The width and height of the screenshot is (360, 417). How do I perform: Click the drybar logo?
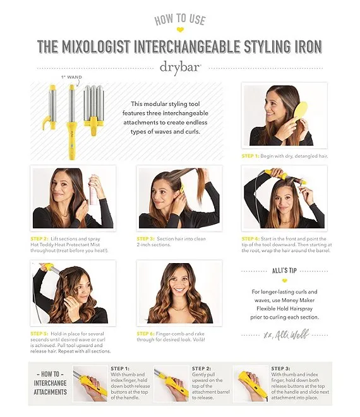tap(180, 68)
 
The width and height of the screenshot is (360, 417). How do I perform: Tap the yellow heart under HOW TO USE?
tap(180, 30)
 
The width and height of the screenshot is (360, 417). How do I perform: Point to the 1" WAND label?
tap(71, 77)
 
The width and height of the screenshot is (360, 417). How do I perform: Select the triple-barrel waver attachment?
tap(93, 109)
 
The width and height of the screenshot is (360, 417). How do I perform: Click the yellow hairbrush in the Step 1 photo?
tap(300, 112)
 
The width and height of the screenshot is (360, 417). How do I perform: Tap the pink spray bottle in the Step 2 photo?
tap(93, 190)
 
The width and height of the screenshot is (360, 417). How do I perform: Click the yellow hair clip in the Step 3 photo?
tap(182, 189)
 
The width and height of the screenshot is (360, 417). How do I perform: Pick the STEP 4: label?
tap(250, 239)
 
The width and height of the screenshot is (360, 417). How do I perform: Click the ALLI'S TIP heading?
tap(284, 271)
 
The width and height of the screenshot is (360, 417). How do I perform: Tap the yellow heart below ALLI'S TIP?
tap(284, 281)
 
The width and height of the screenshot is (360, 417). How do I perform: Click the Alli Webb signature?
tap(286, 334)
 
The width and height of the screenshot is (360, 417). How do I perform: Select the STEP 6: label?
tap(145, 334)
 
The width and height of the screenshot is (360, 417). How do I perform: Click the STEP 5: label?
tap(39, 334)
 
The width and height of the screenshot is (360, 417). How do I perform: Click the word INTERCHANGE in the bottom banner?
tap(50, 383)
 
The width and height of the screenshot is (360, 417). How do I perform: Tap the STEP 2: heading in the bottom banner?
tap(201, 368)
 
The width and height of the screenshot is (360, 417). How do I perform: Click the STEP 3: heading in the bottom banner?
tap(280, 368)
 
